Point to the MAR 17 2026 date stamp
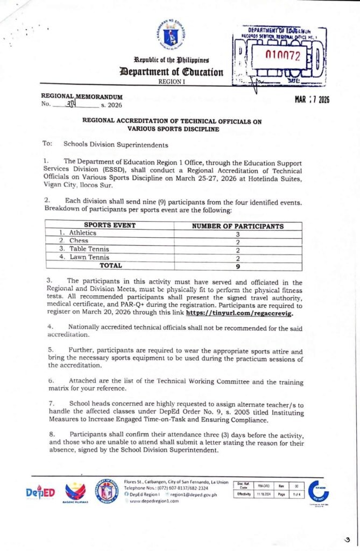pyautogui.click(x=312, y=99)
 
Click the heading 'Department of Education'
pyautogui.click(x=172, y=72)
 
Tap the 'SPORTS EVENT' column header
pyautogui.click(x=110, y=226)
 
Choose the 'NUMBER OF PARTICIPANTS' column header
pyautogui.click(x=238, y=226)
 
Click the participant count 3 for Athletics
pyautogui.click(x=237, y=234)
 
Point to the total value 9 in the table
pyautogui.click(x=237, y=265)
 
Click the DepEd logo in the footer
pyautogui.click(x=40, y=493)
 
